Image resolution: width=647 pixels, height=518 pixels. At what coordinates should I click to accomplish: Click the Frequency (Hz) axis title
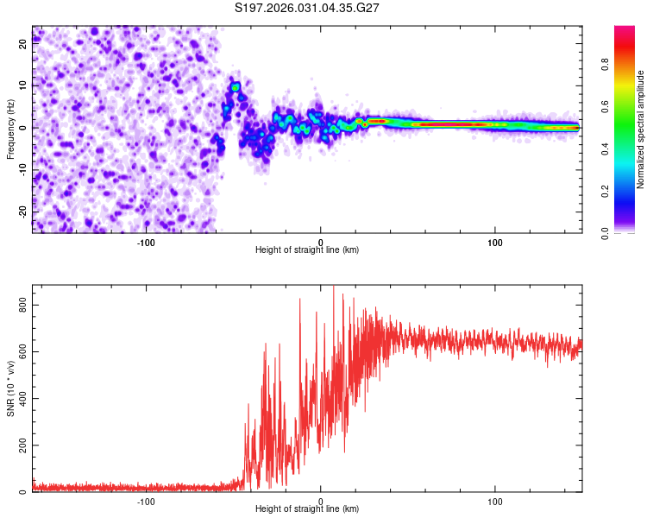11,128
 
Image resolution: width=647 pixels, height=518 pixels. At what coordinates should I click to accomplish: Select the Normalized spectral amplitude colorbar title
641,130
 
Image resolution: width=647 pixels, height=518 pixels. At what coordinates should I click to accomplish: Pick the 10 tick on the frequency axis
23,85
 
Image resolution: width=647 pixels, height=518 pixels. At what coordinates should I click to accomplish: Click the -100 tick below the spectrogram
146,242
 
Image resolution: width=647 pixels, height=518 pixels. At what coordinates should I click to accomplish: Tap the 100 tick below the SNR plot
495,501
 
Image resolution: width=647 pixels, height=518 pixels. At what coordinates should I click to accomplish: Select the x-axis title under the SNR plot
307,509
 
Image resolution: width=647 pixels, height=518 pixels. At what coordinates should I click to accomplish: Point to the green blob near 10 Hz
234,87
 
